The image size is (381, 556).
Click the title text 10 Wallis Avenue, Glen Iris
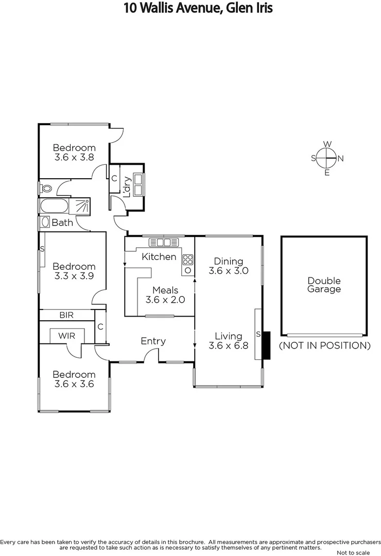(x=198, y=8)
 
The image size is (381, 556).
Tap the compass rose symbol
(x=326, y=158)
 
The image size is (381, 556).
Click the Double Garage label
(x=324, y=285)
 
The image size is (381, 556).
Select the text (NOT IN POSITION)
(x=324, y=345)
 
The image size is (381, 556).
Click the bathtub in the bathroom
(x=54, y=206)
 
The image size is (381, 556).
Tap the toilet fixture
(x=46, y=188)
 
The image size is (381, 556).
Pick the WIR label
(x=66, y=336)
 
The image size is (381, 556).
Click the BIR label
(x=66, y=315)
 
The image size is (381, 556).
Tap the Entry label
(x=153, y=341)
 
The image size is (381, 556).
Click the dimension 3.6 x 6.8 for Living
(x=229, y=346)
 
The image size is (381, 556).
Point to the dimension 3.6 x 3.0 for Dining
(x=228, y=270)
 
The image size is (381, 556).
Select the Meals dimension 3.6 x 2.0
(x=165, y=300)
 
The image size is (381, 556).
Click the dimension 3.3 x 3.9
(x=74, y=276)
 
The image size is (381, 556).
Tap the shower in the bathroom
(x=81, y=206)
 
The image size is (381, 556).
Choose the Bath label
(x=62, y=223)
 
